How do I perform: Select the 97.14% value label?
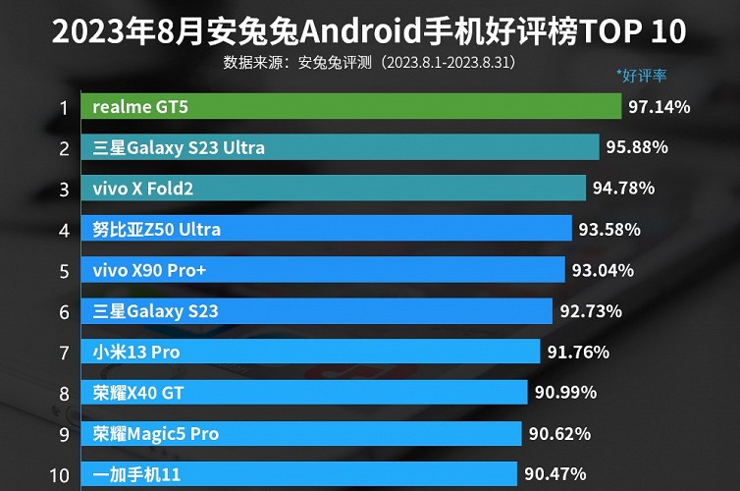[x=659, y=106]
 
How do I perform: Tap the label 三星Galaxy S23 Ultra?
[x=179, y=147]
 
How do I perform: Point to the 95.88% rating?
[x=637, y=147]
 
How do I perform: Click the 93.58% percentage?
[x=609, y=230]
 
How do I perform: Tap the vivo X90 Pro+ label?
[x=149, y=270]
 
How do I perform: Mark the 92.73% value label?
[x=591, y=311]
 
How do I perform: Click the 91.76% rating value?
[x=578, y=352]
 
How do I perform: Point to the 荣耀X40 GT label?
[x=138, y=393]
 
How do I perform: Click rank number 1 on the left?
[x=64, y=107]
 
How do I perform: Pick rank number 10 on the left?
[x=59, y=475]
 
